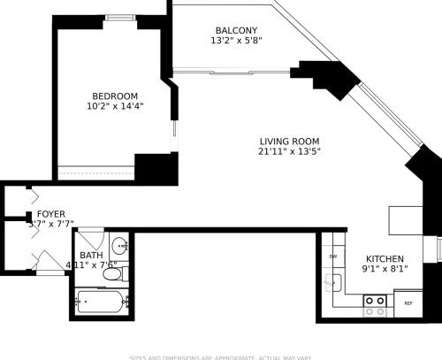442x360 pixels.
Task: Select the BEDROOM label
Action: click(116, 96)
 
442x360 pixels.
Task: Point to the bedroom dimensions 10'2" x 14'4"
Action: click(116, 106)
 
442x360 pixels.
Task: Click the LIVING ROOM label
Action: click(289, 142)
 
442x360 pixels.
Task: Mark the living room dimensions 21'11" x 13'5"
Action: click(289, 152)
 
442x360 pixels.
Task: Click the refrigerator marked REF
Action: click(408, 303)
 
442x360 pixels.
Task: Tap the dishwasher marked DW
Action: click(333, 257)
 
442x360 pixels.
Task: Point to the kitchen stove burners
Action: click(375, 305)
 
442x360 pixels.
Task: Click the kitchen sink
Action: click(334, 283)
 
